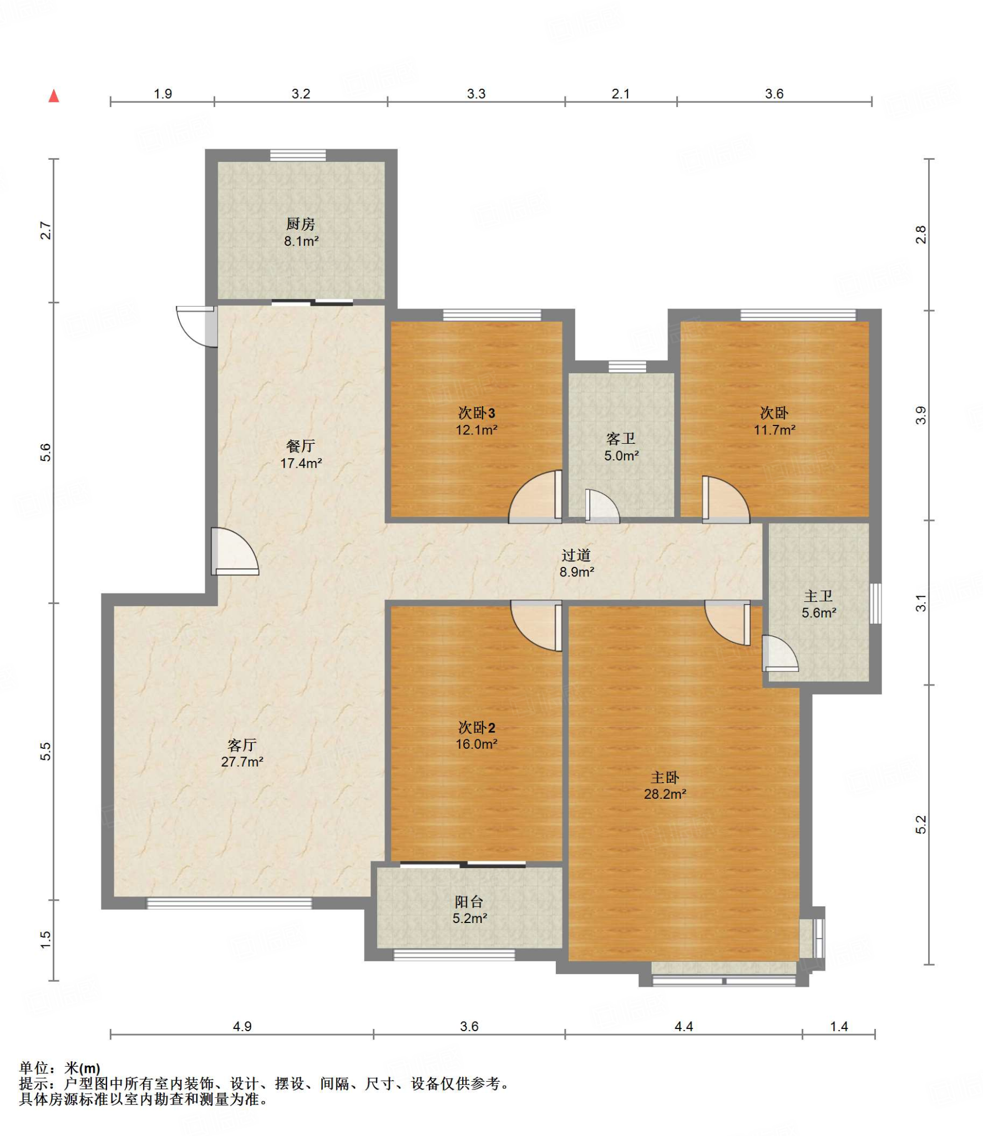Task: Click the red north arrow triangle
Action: (x=54, y=96)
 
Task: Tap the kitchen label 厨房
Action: (x=301, y=224)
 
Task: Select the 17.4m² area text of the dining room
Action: (x=301, y=463)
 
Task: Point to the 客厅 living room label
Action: (x=242, y=745)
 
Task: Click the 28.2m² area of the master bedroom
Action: (x=665, y=794)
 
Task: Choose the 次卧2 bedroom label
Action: (x=477, y=727)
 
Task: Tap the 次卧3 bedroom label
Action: (x=477, y=413)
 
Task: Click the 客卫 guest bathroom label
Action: (x=621, y=439)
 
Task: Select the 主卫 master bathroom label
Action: (x=818, y=596)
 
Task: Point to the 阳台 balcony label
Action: (x=469, y=902)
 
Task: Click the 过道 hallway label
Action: (x=576, y=555)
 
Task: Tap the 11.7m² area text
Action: (x=774, y=430)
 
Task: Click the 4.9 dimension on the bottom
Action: (x=242, y=1026)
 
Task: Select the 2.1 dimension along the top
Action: (x=621, y=94)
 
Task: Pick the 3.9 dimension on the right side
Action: (x=920, y=415)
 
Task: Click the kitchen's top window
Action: (x=298, y=155)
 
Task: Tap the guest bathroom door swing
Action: (x=602, y=506)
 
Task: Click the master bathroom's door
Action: (x=780, y=653)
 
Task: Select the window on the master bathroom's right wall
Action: (x=875, y=603)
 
